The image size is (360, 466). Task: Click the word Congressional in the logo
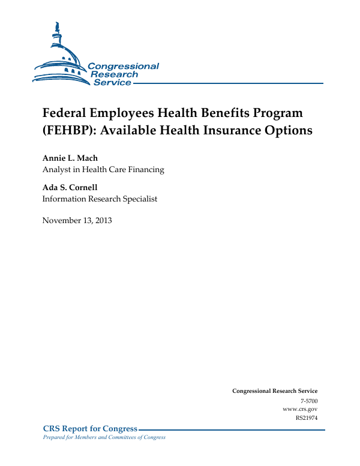click(x=124, y=66)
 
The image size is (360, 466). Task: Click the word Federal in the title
click(x=65, y=113)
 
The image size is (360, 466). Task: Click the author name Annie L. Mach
click(x=70, y=158)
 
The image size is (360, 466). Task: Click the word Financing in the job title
click(x=145, y=170)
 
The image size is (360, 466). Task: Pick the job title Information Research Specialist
click(x=100, y=199)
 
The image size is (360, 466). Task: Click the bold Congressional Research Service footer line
click(x=275, y=391)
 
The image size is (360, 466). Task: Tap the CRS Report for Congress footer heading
click(x=90, y=428)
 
